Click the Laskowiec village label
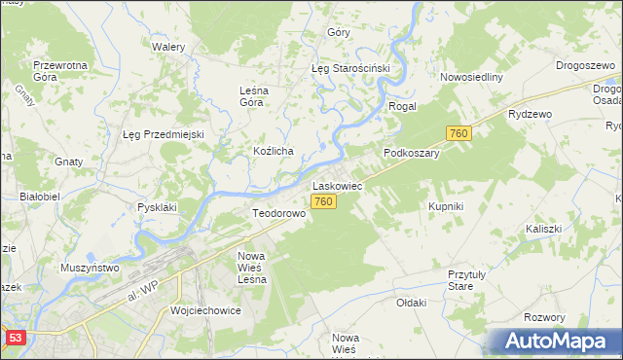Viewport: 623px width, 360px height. (x=337, y=184)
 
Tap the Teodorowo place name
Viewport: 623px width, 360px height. (x=279, y=212)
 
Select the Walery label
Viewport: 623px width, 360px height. (x=168, y=46)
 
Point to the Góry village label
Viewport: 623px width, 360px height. (x=339, y=32)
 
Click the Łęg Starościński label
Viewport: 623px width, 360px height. (x=349, y=69)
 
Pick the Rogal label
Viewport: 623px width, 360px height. (x=402, y=106)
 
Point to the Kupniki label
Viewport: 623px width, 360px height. (x=446, y=207)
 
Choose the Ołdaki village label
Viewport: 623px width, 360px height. (x=412, y=303)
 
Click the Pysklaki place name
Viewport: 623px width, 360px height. (x=157, y=207)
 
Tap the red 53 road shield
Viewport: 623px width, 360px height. (x=14, y=337)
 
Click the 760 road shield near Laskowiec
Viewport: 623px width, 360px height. (x=324, y=201)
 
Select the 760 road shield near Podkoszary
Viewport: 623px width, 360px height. (x=459, y=133)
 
